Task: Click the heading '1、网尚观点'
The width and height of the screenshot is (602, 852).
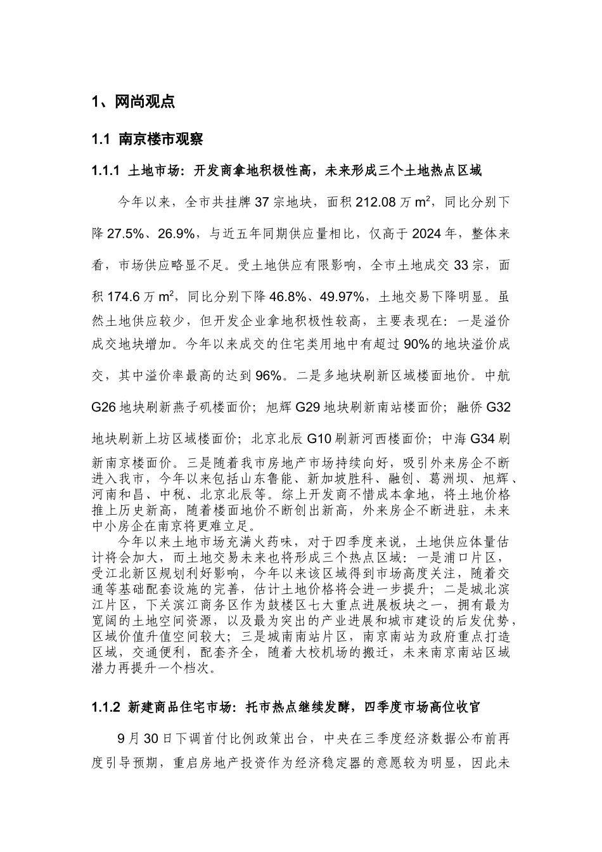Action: coord(133,101)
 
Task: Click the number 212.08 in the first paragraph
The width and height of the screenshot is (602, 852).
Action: coord(377,203)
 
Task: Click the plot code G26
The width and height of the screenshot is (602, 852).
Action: coord(103,407)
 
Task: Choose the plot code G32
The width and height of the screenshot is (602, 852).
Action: coord(497,407)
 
